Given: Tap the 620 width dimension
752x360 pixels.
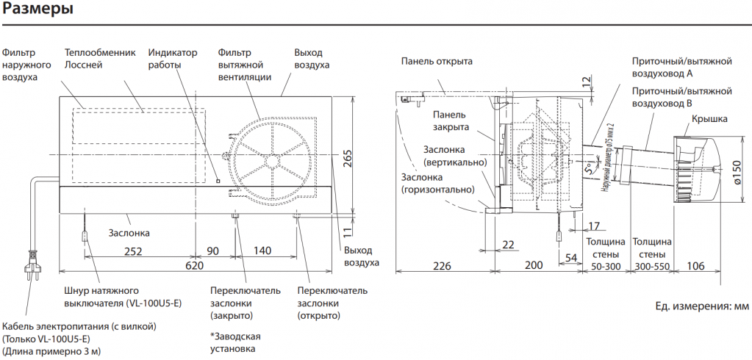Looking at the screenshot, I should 195,264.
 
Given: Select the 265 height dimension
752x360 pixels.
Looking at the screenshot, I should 348,158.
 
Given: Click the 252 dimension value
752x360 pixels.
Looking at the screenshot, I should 133,251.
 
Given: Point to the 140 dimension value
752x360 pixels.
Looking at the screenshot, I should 262,251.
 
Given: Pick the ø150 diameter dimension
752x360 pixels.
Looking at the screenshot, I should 738,176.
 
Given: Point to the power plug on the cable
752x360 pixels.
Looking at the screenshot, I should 31,262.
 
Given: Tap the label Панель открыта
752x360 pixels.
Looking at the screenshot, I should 437,61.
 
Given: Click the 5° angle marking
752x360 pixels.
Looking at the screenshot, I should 587,168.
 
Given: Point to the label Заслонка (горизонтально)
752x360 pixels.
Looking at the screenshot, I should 437,183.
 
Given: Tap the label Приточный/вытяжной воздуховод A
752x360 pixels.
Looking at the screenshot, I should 682,68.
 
